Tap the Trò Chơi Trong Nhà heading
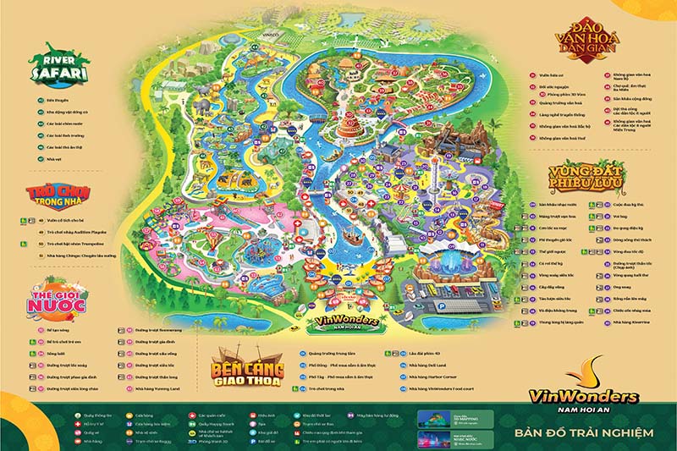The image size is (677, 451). pos(58,195)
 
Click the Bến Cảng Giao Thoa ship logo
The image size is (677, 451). pos(247,369)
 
